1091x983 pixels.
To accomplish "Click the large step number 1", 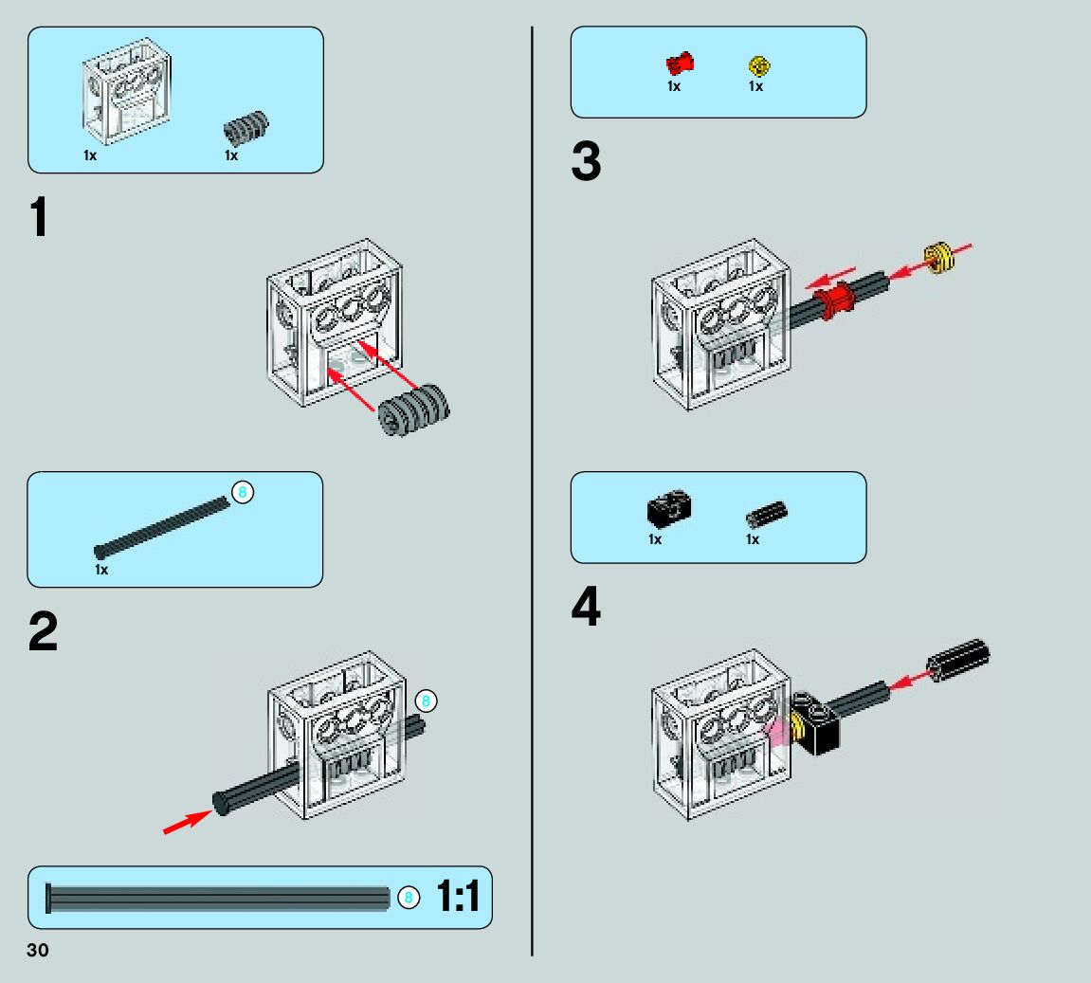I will (38, 219).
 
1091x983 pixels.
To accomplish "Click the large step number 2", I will (43, 632).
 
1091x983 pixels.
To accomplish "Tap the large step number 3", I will (586, 162).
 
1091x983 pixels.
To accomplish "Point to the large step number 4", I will (586, 608).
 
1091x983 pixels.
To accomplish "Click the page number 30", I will (37, 951).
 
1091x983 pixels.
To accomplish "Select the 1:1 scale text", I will (458, 897).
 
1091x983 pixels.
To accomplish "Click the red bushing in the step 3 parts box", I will (680, 64).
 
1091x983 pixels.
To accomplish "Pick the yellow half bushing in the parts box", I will (758, 65).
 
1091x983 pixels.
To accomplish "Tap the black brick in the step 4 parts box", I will (669, 510).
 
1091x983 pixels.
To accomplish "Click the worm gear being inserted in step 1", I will (414, 408).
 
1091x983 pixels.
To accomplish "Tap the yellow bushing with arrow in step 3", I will (937, 258).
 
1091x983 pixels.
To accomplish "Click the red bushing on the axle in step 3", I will (834, 301).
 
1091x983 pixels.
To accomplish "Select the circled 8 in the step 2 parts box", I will (242, 492).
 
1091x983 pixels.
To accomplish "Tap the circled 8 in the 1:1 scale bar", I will (408, 897).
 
